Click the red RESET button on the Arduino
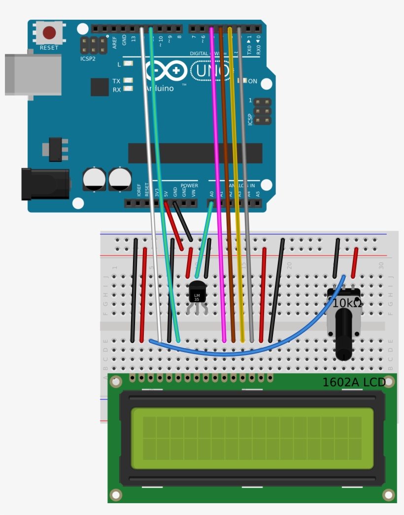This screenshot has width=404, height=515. pos(49,33)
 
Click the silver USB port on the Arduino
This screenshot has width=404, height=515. pos(33,74)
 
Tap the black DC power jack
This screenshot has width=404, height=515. pos(45,184)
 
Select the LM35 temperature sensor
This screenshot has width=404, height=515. pos(197,292)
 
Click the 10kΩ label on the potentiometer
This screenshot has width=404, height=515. pos(347,303)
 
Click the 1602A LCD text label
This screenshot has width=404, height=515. pos(353,382)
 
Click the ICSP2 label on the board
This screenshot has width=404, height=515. pos(88,59)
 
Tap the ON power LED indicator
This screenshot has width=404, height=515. pos(242,81)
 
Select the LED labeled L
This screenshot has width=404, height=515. pos(129,64)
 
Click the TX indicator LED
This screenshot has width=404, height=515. pos(129,81)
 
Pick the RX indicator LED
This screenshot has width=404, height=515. pos(129,89)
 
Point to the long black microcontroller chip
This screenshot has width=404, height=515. pos(195,153)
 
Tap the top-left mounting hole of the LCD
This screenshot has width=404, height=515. pos(116,382)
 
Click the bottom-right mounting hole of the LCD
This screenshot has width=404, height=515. pos(389,494)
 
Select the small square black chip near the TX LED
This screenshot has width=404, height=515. pos(100,87)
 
